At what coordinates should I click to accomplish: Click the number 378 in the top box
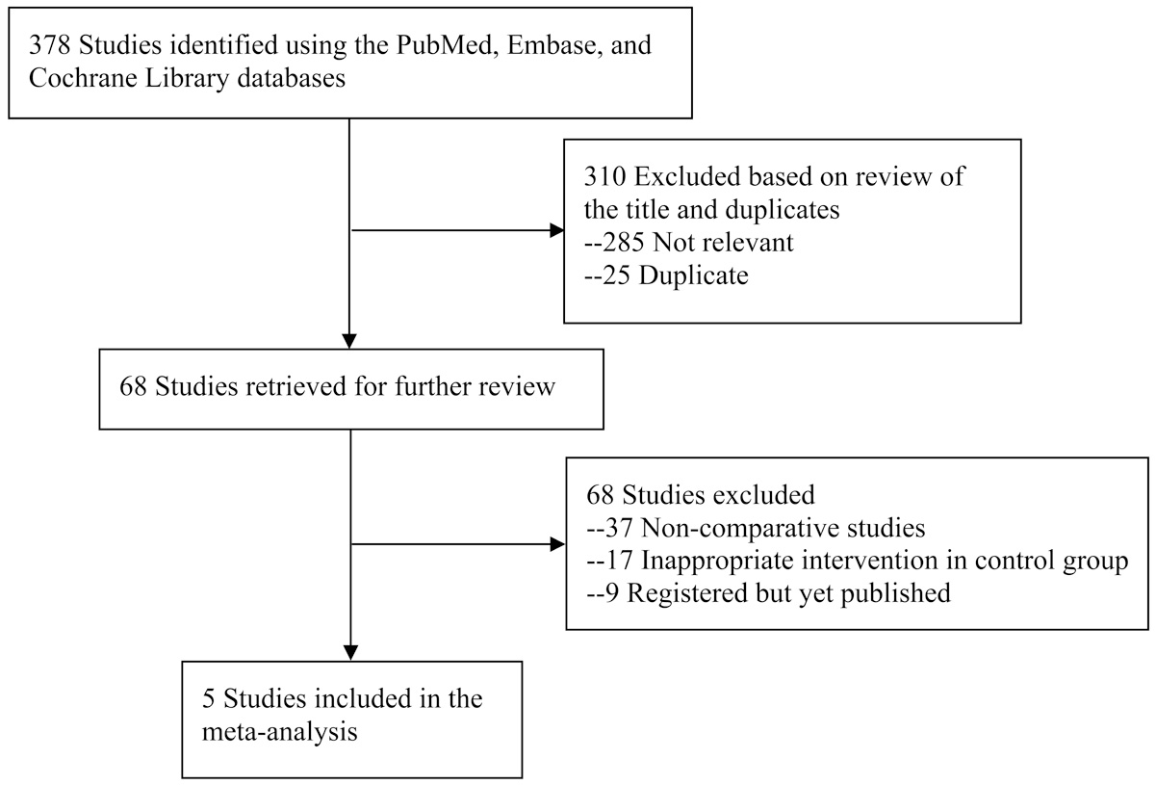tap(49, 45)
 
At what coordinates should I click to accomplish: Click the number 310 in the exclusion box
tap(604, 177)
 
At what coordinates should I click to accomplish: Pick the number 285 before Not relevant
tap(623, 243)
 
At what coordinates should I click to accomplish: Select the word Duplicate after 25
tap(694, 275)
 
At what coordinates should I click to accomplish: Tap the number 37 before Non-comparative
tap(618, 528)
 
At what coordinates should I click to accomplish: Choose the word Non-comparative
tap(730, 528)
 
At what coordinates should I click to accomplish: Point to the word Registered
tap(687, 594)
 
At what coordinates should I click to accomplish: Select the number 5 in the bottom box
tap(209, 698)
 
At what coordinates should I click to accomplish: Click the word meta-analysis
tap(280, 732)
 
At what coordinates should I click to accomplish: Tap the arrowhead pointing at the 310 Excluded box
tap(557, 230)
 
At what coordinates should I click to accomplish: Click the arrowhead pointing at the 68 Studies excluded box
tap(558, 544)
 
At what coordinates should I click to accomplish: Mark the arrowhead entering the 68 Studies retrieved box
tap(349, 341)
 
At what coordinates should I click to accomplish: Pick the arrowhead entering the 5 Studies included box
tap(351, 653)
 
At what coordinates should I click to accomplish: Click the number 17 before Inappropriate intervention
tap(618, 561)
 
